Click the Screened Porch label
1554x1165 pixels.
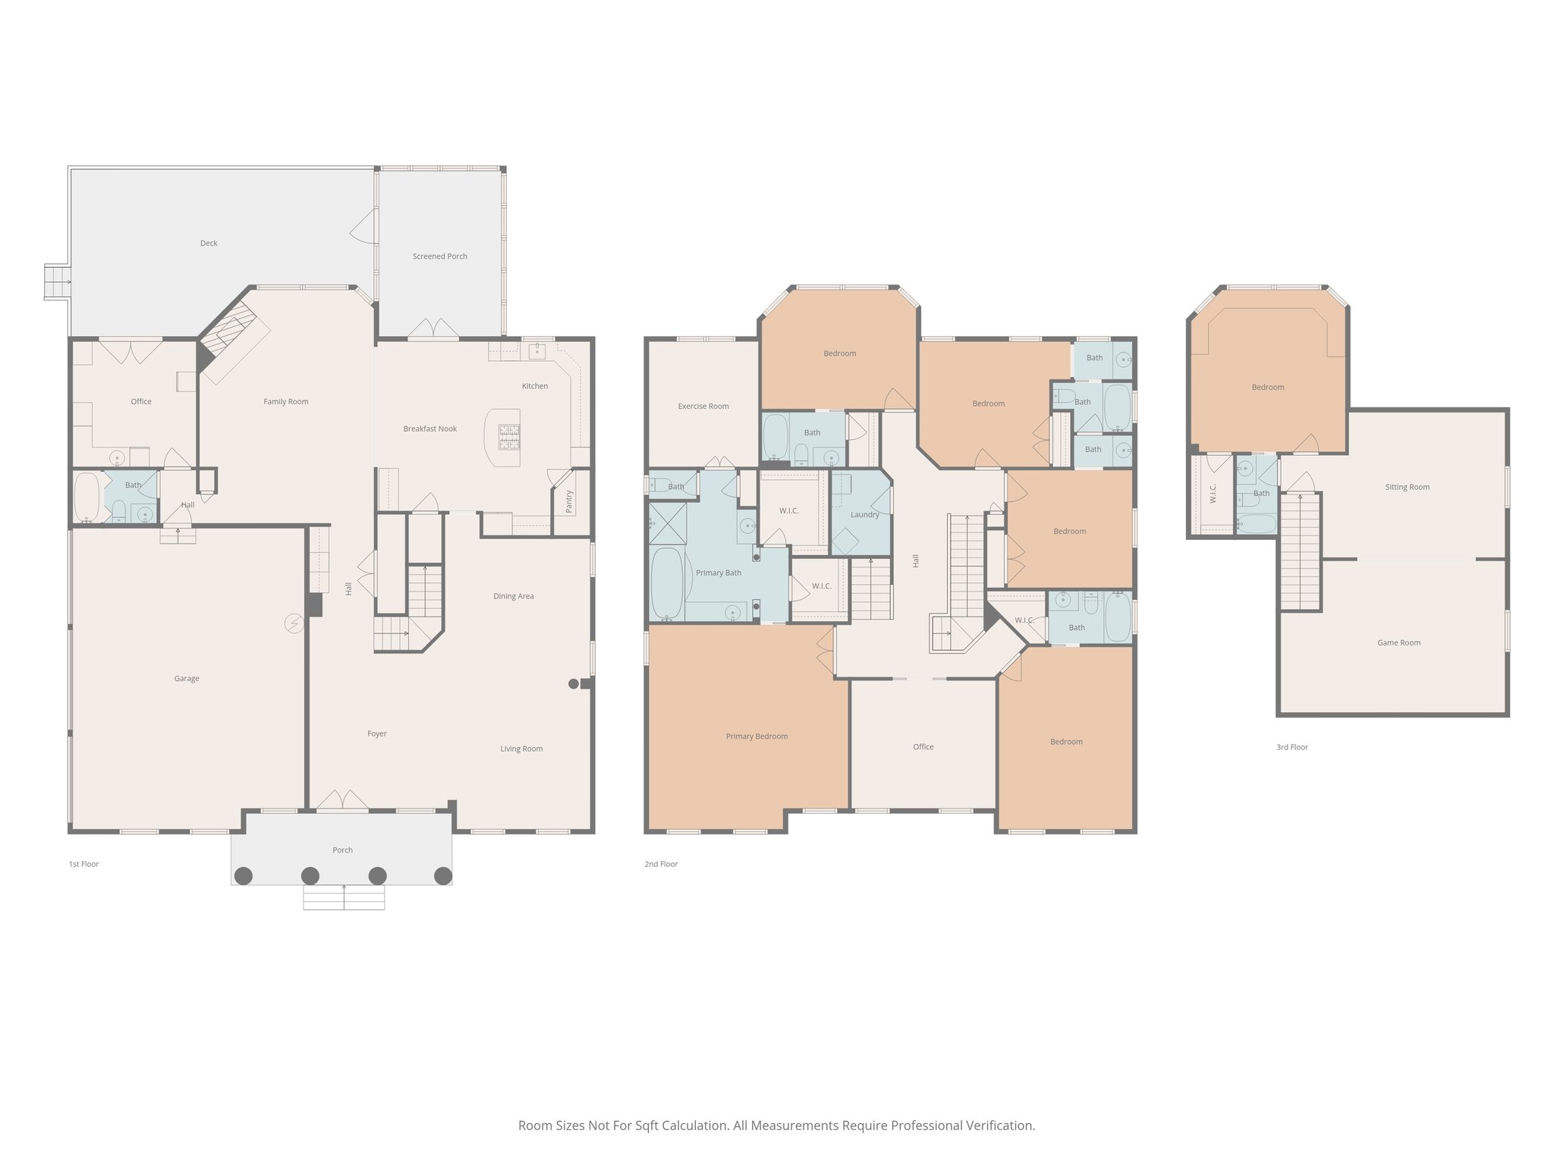coord(439,256)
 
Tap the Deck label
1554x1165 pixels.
coord(209,243)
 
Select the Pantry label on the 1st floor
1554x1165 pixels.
coord(569,501)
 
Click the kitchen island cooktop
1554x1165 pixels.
coord(509,437)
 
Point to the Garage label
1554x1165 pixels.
coord(187,679)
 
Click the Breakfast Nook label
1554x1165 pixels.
coord(429,429)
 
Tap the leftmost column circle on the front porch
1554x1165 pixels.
coord(243,876)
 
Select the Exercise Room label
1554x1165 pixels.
coord(703,407)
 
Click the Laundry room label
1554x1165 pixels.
coord(864,515)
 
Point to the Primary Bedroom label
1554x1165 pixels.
coord(756,736)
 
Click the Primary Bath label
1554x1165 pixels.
coord(718,573)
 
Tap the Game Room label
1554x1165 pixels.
coord(1398,643)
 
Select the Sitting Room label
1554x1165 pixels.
coord(1407,488)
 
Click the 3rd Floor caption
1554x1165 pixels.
coord(1291,748)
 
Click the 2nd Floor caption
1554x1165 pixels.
coord(661,865)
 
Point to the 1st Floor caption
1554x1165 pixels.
coord(83,865)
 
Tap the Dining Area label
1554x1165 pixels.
coord(513,597)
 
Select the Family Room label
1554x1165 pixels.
coord(285,402)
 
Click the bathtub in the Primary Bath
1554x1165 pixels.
coord(668,582)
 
